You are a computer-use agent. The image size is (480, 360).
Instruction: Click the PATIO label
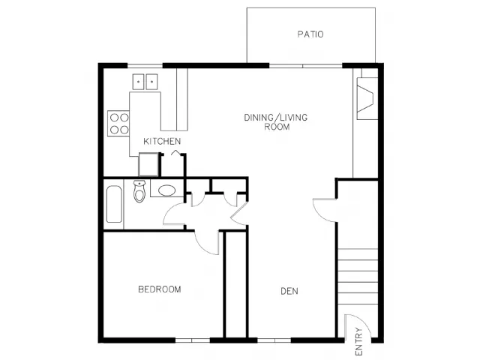pyautogui.click(x=310, y=34)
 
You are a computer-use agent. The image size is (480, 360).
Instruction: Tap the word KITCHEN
pyautogui.click(x=162, y=142)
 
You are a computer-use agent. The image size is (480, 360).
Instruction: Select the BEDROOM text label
pyautogui.click(x=160, y=289)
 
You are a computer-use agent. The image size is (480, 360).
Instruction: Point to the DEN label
pyautogui.click(x=289, y=291)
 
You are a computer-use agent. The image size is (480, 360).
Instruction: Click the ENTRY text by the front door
pyautogui.click(x=359, y=342)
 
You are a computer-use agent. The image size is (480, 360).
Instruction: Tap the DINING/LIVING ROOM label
pyautogui.click(x=276, y=121)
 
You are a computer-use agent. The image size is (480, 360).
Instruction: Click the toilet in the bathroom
pyautogui.click(x=139, y=191)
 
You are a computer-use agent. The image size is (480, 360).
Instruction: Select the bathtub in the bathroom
pyautogui.click(x=114, y=204)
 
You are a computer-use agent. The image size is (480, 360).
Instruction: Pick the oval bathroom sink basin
pyautogui.click(x=166, y=190)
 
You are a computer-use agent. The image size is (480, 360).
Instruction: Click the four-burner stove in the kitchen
pyautogui.click(x=118, y=124)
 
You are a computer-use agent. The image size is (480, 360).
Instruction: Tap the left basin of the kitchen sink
pyautogui.click(x=138, y=82)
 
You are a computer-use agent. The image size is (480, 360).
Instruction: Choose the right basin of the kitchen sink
pyautogui.click(x=151, y=82)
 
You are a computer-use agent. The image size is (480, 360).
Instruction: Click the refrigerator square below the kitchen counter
pyautogui.click(x=148, y=164)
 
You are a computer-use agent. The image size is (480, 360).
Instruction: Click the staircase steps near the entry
pyautogui.click(x=358, y=277)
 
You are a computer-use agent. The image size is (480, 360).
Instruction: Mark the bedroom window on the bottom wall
pyautogui.click(x=193, y=340)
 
